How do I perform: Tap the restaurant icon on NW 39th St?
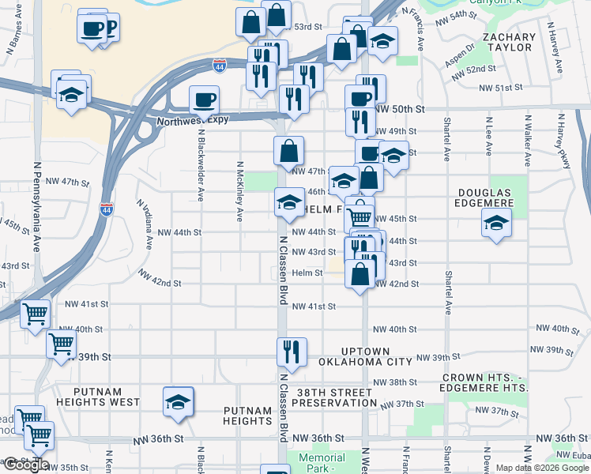click(x=290, y=352)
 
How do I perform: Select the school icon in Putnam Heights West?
click(x=178, y=401)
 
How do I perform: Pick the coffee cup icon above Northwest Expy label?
click(x=204, y=100)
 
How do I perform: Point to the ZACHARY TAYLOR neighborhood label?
click(x=508, y=42)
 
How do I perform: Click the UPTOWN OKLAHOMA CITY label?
click(x=365, y=356)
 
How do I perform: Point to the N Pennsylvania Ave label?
click(x=36, y=207)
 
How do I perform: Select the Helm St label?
click(x=307, y=273)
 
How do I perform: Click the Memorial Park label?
click(x=322, y=463)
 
